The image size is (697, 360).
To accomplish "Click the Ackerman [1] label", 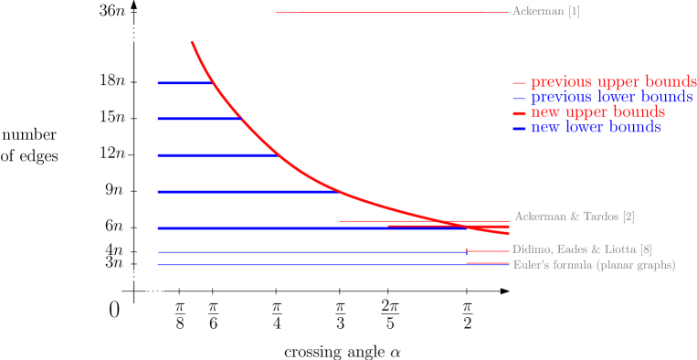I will coord(545,12).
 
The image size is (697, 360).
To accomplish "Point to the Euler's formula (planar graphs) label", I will coord(594,265).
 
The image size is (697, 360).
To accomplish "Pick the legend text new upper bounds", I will coord(597,112).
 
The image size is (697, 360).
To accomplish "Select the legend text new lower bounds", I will coord(596,128).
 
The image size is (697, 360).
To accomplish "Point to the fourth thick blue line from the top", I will coord(247,192).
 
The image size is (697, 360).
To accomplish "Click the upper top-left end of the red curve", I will coord(192,42).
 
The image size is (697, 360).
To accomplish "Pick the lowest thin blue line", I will coord(311,265).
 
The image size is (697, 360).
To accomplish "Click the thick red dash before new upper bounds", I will coord(519,113).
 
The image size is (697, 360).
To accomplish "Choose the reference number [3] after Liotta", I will coord(645,249).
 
